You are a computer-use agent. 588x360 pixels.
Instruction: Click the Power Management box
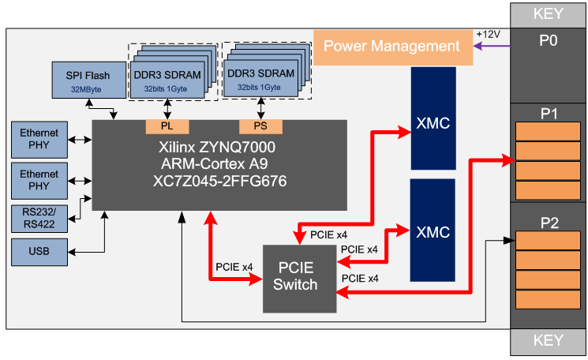[391, 46]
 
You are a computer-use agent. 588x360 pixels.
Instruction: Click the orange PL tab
[167, 126]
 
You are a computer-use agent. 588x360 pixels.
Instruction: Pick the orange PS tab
[260, 126]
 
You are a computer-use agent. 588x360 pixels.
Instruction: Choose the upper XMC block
[433, 118]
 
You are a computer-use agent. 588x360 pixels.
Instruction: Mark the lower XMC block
[433, 230]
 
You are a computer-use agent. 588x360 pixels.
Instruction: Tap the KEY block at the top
[549, 13]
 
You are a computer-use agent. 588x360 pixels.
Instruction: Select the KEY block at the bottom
[549, 340]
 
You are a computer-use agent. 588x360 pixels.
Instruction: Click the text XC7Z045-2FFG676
[219, 181]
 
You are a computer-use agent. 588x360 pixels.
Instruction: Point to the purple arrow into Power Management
[490, 46]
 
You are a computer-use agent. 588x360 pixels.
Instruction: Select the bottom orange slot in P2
[549, 300]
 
